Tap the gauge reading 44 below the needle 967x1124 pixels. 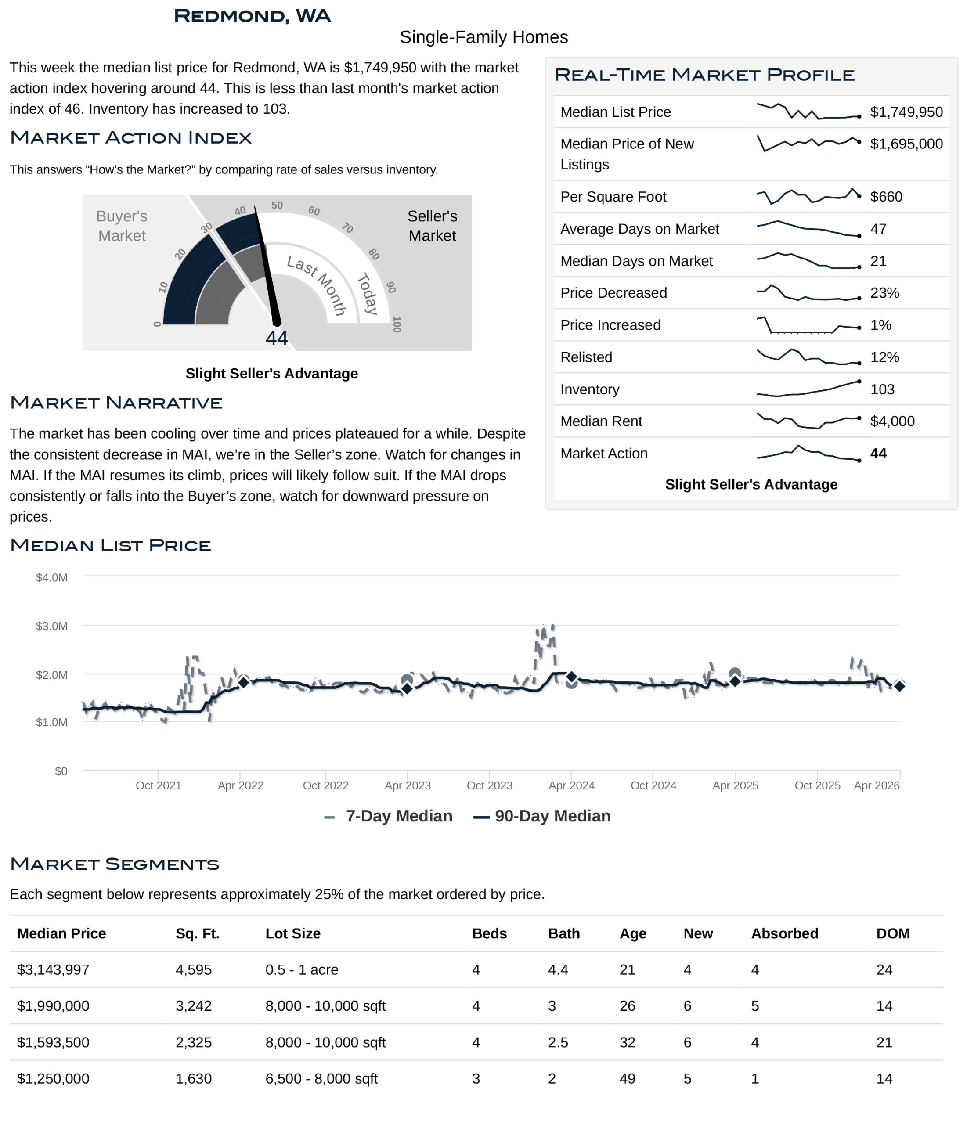click(276, 339)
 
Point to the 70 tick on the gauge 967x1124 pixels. click(347, 228)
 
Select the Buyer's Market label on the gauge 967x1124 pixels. click(122, 226)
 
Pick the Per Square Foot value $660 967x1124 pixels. click(886, 197)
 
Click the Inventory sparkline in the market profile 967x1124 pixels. click(808, 389)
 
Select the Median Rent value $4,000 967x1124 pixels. click(891, 421)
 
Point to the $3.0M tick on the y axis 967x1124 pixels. click(51, 627)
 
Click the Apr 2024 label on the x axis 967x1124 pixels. click(571, 786)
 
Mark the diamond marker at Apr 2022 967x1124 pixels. click(244, 682)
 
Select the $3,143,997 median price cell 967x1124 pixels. click(53, 970)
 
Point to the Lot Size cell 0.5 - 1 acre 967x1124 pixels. click(302, 970)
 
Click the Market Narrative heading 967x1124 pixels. click(116, 403)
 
